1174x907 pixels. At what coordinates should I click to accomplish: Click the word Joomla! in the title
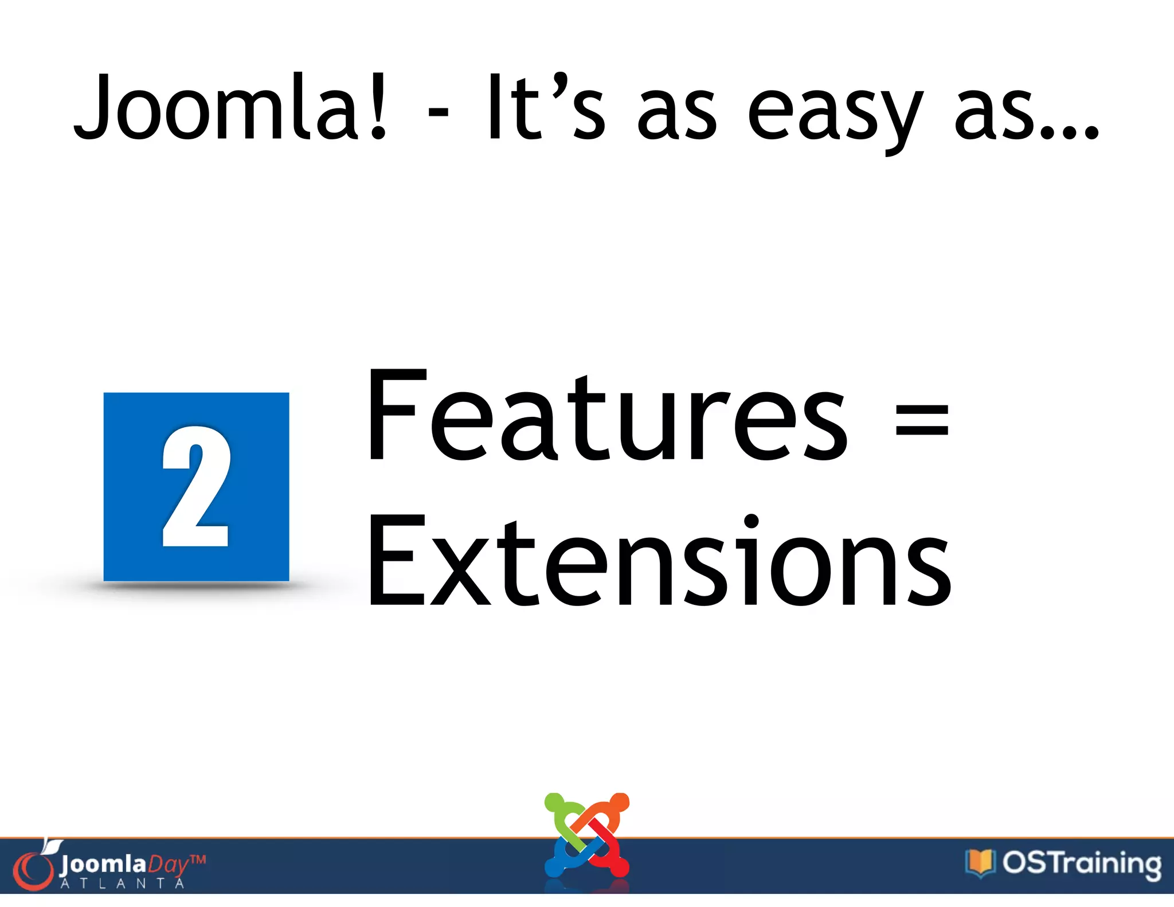pos(229,108)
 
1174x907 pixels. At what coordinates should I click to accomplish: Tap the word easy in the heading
pos(835,112)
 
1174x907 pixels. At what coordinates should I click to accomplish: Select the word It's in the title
pos(545,108)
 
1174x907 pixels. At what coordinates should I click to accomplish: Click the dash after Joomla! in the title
pos(438,112)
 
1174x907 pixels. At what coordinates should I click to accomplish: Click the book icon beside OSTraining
pos(980,862)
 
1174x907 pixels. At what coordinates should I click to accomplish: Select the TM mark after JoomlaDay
pos(197,860)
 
